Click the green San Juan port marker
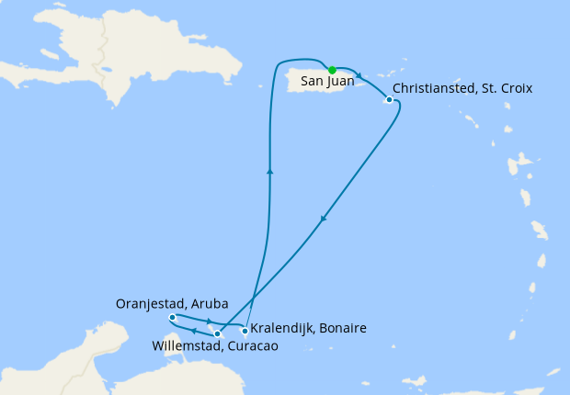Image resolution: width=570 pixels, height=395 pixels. tap(332, 70)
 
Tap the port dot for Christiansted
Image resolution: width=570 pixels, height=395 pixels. tap(390, 99)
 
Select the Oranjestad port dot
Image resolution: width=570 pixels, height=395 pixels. tap(173, 317)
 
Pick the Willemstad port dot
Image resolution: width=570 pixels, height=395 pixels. tap(217, 333)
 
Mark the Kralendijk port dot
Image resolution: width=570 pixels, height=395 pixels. tap(244, 330)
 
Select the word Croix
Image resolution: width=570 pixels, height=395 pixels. tap(515, 88)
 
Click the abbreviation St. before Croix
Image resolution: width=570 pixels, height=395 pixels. tap(488, 88)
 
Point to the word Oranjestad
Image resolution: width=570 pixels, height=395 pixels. tap(150, 302)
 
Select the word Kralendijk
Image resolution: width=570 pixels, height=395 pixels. tap(280, 328)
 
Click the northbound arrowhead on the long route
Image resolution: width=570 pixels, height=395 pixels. tap(270, 170)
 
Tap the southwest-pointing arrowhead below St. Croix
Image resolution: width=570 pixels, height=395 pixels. tap(324, 219)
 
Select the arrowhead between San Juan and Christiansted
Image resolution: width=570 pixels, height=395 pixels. tap(359, 77)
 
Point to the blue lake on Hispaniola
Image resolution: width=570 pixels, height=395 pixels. tap(108, 69)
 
